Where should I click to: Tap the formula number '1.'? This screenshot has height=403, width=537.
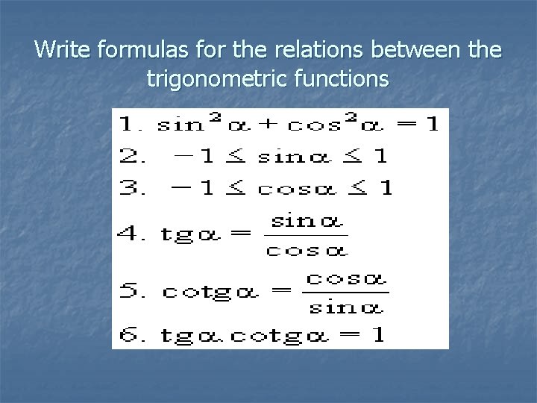coord(132,124)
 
